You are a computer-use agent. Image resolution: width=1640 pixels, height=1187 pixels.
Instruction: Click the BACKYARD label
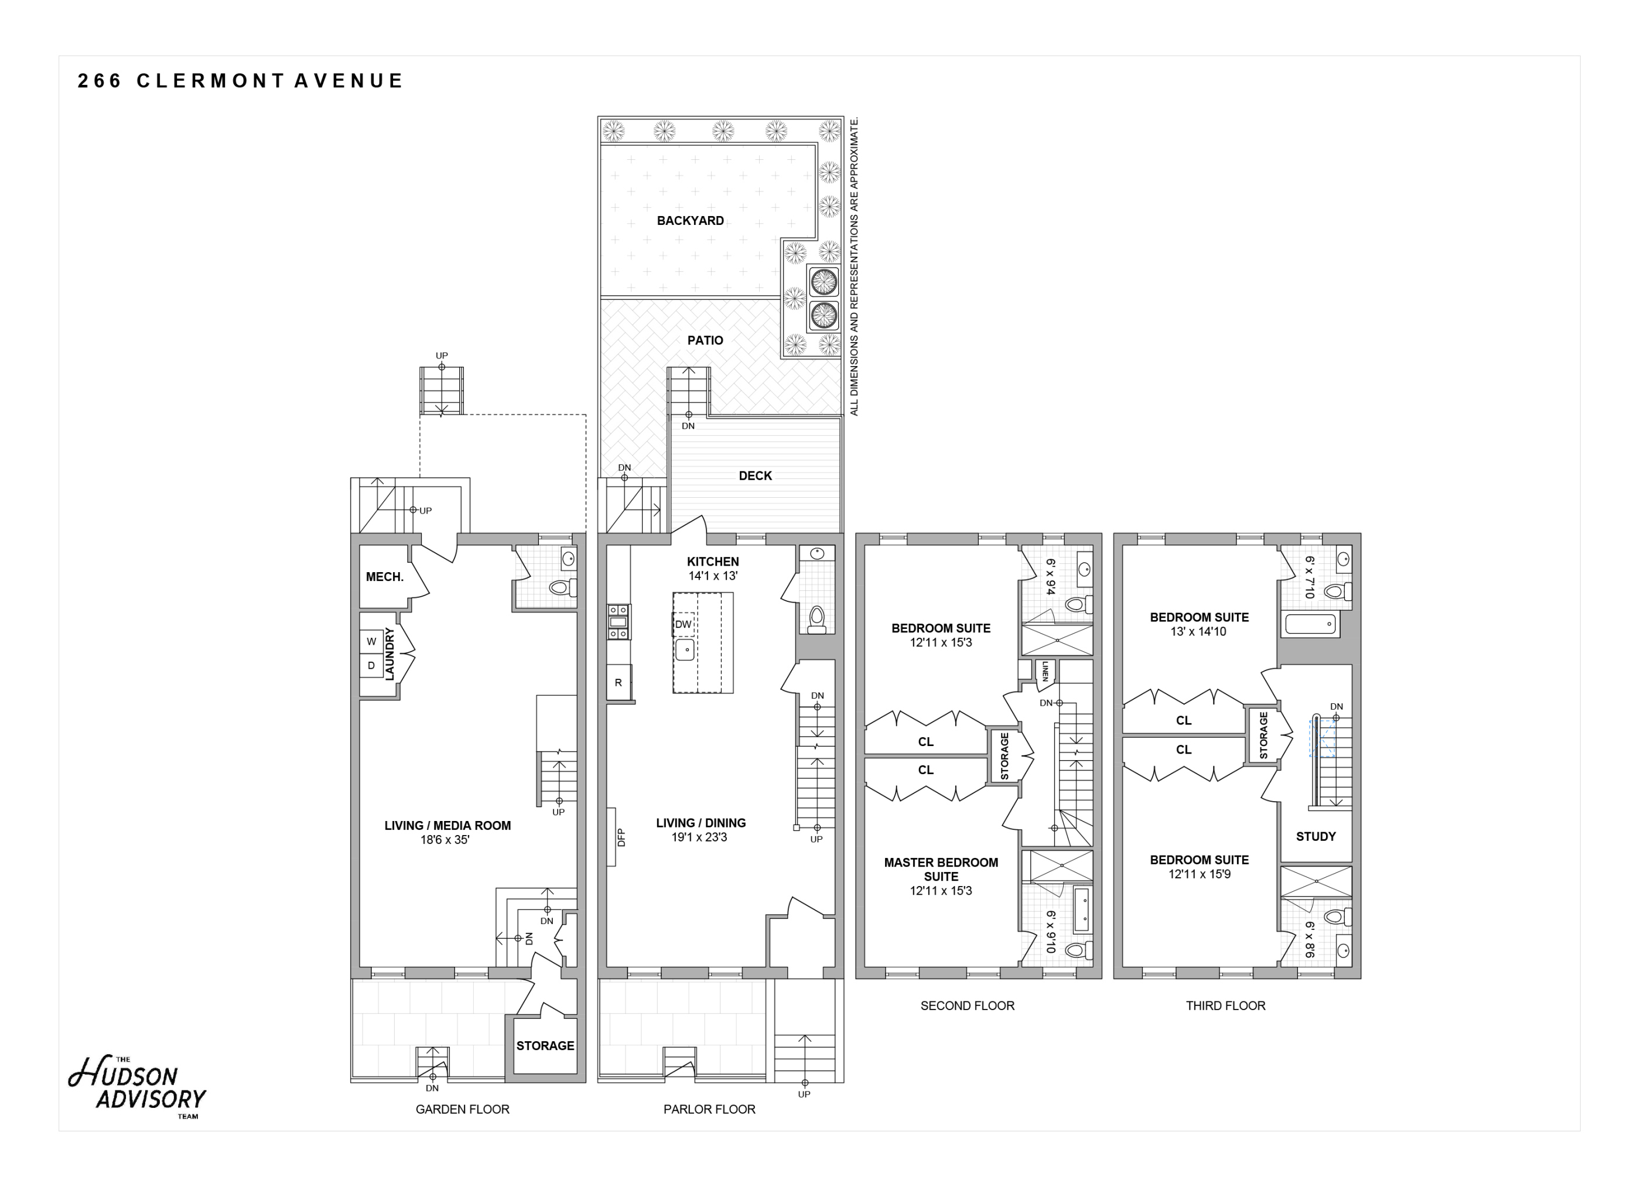tap(690, 221)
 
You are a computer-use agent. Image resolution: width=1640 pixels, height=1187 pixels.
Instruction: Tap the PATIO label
tap(705, 340)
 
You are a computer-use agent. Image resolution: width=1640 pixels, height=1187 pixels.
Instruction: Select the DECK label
tap(755, 476)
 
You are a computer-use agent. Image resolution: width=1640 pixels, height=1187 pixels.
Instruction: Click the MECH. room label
tap(385, 577)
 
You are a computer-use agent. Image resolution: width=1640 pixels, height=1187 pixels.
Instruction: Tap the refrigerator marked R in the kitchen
tap(619, 682)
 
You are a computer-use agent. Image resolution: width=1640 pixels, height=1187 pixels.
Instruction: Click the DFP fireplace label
tap(621, 837)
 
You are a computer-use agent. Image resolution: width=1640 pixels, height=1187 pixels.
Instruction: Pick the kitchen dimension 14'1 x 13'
tap(713, 576)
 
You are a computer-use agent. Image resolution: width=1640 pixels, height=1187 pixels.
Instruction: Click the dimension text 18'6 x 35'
tap(445, 840)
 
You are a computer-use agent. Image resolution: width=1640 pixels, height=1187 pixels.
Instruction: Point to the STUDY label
tap(1316, 836)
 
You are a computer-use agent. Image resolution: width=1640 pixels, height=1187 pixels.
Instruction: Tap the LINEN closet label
tap(1045, 672)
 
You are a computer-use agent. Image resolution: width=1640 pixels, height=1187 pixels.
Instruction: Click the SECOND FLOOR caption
tap(967, 1005)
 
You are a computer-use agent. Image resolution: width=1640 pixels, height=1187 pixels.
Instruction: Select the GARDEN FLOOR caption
tap(462, 1109)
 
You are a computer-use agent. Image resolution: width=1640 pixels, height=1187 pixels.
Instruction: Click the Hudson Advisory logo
tap(138, 1088)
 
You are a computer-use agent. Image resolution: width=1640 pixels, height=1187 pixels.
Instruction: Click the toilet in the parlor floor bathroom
tap(816, 620)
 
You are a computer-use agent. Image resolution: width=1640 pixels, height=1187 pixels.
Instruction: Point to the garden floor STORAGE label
tap(545, 1046)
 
